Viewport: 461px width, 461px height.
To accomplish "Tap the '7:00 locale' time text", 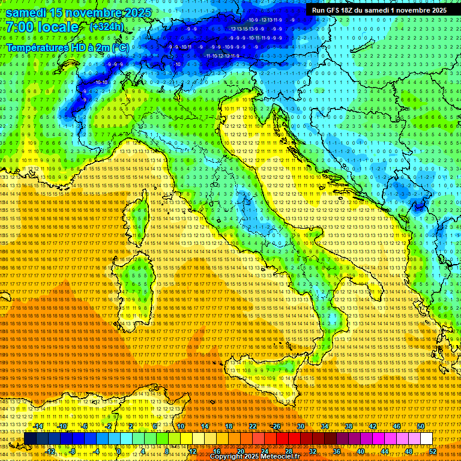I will coord(42,27).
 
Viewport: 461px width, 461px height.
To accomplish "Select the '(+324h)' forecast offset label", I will coord(106,27).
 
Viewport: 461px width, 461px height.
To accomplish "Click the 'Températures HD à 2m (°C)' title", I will coord(67,47).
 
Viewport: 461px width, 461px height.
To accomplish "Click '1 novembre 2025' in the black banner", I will coord(418,10).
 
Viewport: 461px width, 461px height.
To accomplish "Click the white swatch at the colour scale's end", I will coord(426,439).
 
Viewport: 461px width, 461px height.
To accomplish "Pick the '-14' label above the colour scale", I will coord(38,426).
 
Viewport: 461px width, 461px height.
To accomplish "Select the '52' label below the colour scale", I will coord(433,451).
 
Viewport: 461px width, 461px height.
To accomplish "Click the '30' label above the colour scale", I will coord(301,426).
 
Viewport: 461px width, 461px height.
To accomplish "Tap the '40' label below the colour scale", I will coord(361,451).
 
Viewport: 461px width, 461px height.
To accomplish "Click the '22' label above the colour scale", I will coord(253,426).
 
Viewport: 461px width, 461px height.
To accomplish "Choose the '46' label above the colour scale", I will coord(397,426).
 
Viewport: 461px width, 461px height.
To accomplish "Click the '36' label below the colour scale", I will coord(337,451).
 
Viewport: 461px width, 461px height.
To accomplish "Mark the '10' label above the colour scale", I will coord(181,426).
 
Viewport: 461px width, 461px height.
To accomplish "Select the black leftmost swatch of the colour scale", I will coord(30,439).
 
